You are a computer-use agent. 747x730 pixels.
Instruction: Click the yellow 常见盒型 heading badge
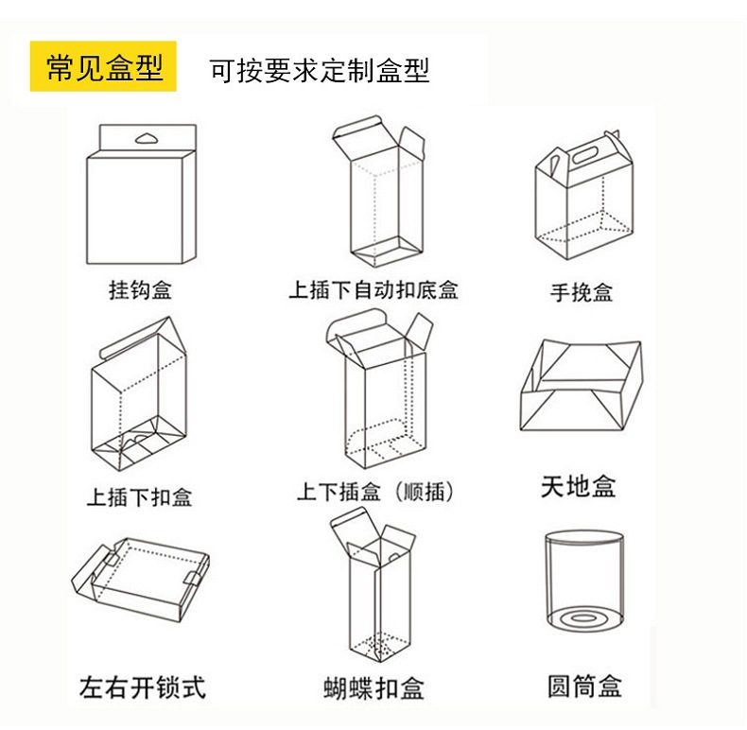click(104, 69)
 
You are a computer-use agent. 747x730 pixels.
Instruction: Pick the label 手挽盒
click(582, 292)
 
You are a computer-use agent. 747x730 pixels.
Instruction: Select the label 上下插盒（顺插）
click(375, 492)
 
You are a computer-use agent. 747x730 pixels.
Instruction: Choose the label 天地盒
click(579, 487)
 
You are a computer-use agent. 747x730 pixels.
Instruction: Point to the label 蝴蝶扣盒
click(373, 688)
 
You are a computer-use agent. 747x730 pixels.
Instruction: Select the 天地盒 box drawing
click(579, 389)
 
